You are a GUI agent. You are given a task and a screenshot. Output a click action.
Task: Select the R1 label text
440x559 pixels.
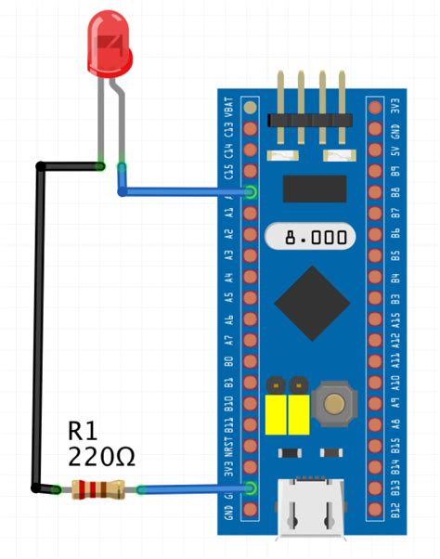pos(86,431)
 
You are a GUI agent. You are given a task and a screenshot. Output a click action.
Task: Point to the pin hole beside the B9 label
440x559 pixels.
pos(375,171)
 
